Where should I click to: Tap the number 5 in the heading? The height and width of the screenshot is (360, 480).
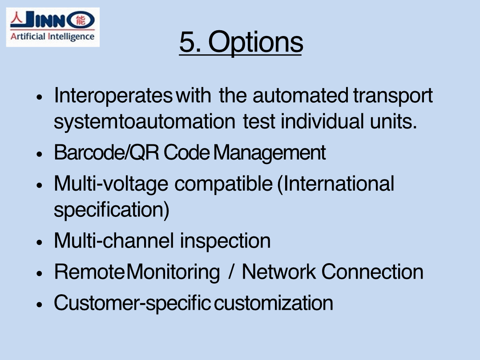coord(187,41)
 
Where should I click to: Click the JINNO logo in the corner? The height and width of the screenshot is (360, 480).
coord(52,27)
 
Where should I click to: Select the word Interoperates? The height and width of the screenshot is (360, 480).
coord(113,96)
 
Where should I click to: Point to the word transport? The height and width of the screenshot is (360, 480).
coord(393,96)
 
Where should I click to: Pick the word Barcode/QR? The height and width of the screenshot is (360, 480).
coord(106,152)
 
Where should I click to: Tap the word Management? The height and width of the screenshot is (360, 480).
coord(270,152)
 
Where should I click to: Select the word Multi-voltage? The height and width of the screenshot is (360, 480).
coord(111,184)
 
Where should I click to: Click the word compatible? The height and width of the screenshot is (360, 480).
coord(223,184)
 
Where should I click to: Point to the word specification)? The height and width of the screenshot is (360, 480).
coord(111,210)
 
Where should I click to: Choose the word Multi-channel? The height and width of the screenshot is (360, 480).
coord(114,240)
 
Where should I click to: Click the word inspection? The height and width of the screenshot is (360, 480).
coord(225,241)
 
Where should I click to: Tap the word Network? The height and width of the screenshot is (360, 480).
coord(278,272)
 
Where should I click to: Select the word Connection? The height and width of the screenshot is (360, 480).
coord(372,272)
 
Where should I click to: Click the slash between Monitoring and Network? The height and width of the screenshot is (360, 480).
coord(231,272)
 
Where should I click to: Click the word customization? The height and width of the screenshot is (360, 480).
coord(274,303)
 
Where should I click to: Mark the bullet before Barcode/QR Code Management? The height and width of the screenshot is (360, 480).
coord(39,154)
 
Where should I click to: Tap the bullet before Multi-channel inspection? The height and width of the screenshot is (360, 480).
coord(39,242)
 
